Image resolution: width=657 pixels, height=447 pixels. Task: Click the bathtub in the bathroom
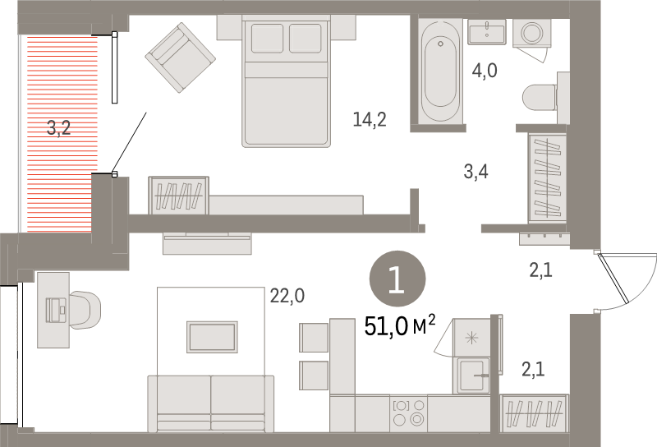point(441,72)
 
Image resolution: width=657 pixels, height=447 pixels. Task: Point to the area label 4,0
point(485,71)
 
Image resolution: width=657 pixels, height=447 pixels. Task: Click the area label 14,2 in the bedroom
point(369,121)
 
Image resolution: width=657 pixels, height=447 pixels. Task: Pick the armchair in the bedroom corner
point(180,58)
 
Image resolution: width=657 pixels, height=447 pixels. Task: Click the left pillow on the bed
point(266,39)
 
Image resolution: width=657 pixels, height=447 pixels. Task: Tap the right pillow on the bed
point(306,39)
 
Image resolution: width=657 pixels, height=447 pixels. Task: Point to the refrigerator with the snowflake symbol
point(471,338)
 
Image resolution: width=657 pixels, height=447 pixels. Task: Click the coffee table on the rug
point(212,336)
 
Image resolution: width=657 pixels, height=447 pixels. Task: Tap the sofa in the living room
point(210,403)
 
